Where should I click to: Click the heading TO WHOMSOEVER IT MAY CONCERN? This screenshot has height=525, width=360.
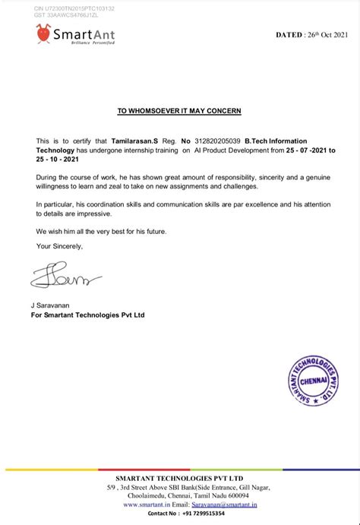179,111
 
